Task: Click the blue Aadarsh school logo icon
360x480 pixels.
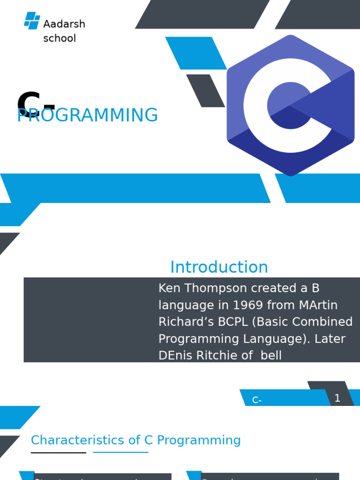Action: (x=32, y=20)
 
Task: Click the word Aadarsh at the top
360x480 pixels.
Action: (x=64, y=24)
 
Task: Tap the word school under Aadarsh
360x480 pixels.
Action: (x=60, y=38)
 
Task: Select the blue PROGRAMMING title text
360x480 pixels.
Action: (x=87, y=116)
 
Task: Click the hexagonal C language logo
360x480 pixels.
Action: (x=290, y=105)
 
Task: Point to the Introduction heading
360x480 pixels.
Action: (x=219, y=267)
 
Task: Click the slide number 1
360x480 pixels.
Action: (x=337, y=398)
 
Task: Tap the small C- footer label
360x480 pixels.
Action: (x=257, y=400)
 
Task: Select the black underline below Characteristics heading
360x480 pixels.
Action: (x=59, y=453)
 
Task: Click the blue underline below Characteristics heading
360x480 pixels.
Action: (x=120, y=452)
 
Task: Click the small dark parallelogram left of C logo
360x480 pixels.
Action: (x=205, y=90)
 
